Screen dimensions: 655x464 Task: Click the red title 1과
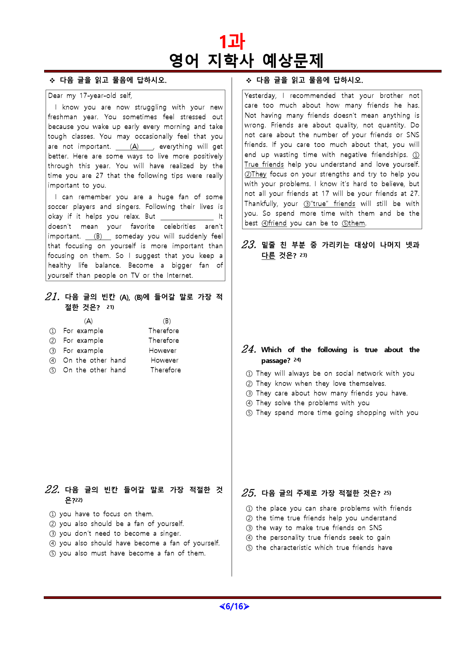232,41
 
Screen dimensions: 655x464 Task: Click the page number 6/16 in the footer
234,606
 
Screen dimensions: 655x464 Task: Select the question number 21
52,297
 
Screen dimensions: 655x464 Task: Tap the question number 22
52,490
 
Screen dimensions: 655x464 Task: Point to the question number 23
249,245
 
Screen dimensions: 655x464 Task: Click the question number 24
249,350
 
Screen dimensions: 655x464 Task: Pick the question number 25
249,493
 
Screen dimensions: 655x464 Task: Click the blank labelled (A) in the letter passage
134,147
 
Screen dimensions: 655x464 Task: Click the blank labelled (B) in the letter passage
98,236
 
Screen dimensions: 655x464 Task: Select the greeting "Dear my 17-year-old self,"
90,96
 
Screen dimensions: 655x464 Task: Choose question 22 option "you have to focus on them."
106,514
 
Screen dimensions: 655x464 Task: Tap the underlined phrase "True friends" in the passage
264,164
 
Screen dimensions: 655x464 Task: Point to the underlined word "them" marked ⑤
356,223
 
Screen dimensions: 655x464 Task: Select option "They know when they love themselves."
321,384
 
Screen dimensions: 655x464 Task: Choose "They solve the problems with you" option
312,403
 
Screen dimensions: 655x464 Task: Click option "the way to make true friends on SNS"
319,528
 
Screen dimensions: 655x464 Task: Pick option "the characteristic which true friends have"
324,548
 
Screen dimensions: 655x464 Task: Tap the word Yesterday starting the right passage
260,96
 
